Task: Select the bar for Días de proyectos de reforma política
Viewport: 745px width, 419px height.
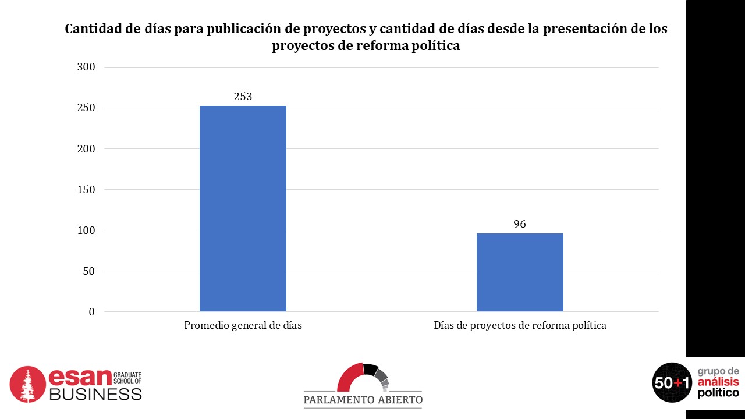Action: coord(520,272)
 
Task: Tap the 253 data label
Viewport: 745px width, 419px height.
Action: coord(243,97)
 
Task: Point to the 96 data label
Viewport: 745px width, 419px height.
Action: coord(520,224)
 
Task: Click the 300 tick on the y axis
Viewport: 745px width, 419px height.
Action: coord(86,67)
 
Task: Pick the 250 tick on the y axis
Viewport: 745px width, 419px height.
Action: coord(86,108)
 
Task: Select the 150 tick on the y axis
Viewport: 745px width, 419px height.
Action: coord(86,190)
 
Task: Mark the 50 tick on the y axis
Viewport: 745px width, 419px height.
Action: coord(88,271)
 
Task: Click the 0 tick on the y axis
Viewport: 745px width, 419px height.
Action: coord(91,312)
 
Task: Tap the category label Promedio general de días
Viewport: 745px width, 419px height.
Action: coord(243,326)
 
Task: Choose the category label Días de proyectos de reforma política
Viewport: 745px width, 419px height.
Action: coord(520,326)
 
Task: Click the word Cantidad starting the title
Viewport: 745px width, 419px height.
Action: coord(93,29)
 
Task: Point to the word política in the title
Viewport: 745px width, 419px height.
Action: coord(434,47)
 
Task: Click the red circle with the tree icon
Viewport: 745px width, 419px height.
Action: coord(27,384)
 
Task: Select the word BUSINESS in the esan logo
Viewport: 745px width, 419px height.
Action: coord(95,394)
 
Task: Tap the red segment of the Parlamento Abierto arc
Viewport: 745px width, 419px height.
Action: coord(349,378)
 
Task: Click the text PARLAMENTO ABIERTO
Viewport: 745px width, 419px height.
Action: coord(363,400)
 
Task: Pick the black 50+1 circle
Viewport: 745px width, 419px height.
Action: coord(672,382)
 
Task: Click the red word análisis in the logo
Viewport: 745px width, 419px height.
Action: coord(718,382)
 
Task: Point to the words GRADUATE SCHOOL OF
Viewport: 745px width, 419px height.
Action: coord(127,378)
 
